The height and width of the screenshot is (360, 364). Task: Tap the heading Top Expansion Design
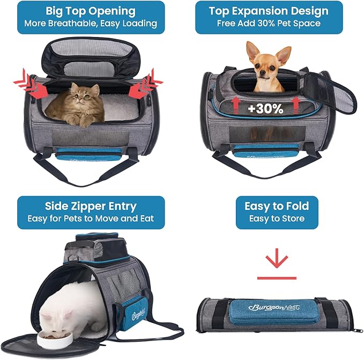click(268, 11)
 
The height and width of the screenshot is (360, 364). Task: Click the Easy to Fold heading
click(277, 206)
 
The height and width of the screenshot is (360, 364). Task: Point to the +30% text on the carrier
click(265, 109)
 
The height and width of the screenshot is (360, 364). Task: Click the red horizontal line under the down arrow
click(277, 278)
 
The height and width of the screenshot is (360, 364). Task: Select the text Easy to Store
click(277, 219)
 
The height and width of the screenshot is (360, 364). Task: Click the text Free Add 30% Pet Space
click(268, 24)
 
